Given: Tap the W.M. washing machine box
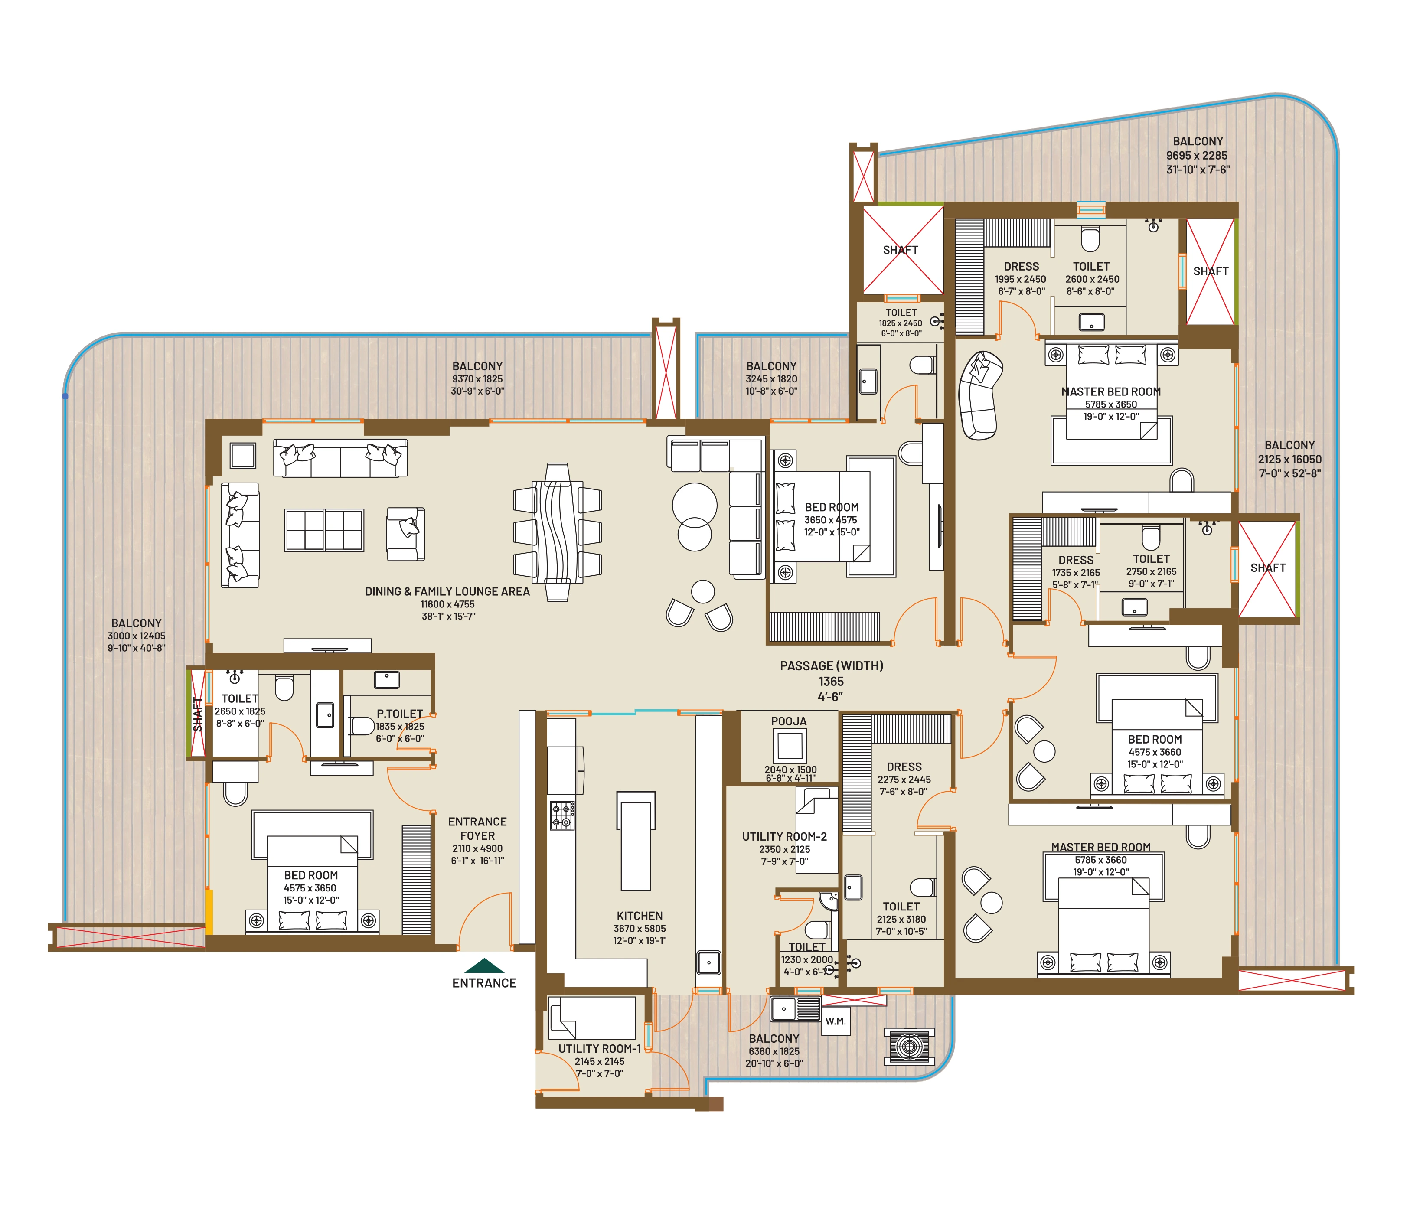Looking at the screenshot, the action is click(x=836, y=1021).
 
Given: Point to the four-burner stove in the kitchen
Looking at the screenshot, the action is click(x=562, y=815).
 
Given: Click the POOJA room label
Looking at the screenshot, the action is click(x=789, y=721).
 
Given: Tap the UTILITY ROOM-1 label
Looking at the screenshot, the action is click(x=600, y=1048).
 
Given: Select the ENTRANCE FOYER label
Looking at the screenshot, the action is click(x=477, y=829).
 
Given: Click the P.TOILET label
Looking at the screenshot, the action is click(x=400, y=714).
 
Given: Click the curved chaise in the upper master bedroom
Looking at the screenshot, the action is click(x=980, y=395).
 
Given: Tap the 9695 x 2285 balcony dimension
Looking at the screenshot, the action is click(x=1197, y=155).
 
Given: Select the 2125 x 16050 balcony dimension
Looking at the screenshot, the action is click(x=1289, y=459).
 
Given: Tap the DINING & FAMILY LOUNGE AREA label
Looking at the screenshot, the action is click(x=447, y=592).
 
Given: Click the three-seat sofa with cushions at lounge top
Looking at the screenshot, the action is click(x=340, y=457).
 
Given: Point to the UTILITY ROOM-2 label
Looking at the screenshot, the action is click(x=784, y=836).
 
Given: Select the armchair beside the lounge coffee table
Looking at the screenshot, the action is click(x=406, y=533).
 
